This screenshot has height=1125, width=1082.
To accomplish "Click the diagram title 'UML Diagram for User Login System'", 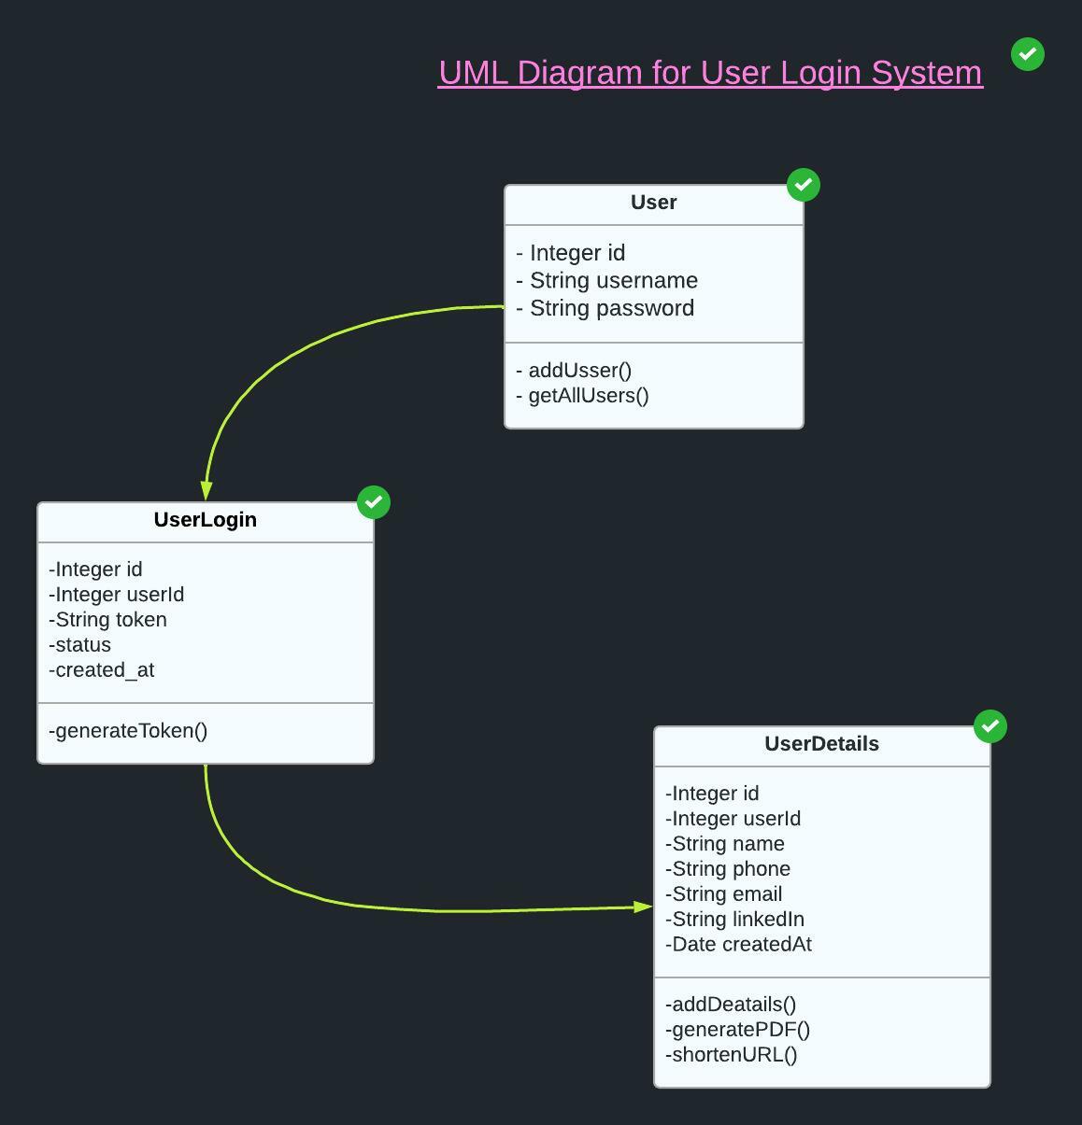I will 710,73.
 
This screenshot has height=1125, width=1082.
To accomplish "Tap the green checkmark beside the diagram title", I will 1028,54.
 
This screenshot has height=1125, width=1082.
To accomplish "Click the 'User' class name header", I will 653,203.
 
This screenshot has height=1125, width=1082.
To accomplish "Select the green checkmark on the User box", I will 804,185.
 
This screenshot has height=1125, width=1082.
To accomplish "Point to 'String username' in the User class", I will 613,281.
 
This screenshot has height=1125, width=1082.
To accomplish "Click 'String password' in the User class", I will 611,308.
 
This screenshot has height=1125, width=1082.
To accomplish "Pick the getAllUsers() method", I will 588,396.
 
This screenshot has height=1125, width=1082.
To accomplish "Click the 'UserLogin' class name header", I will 205,520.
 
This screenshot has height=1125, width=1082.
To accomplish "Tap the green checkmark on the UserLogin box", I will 374,502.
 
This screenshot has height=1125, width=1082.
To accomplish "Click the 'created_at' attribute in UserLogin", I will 104,670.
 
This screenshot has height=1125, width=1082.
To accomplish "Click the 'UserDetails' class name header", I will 821,744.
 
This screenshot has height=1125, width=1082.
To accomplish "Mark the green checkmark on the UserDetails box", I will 990,726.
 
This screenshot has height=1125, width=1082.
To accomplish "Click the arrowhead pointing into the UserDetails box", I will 643,907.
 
